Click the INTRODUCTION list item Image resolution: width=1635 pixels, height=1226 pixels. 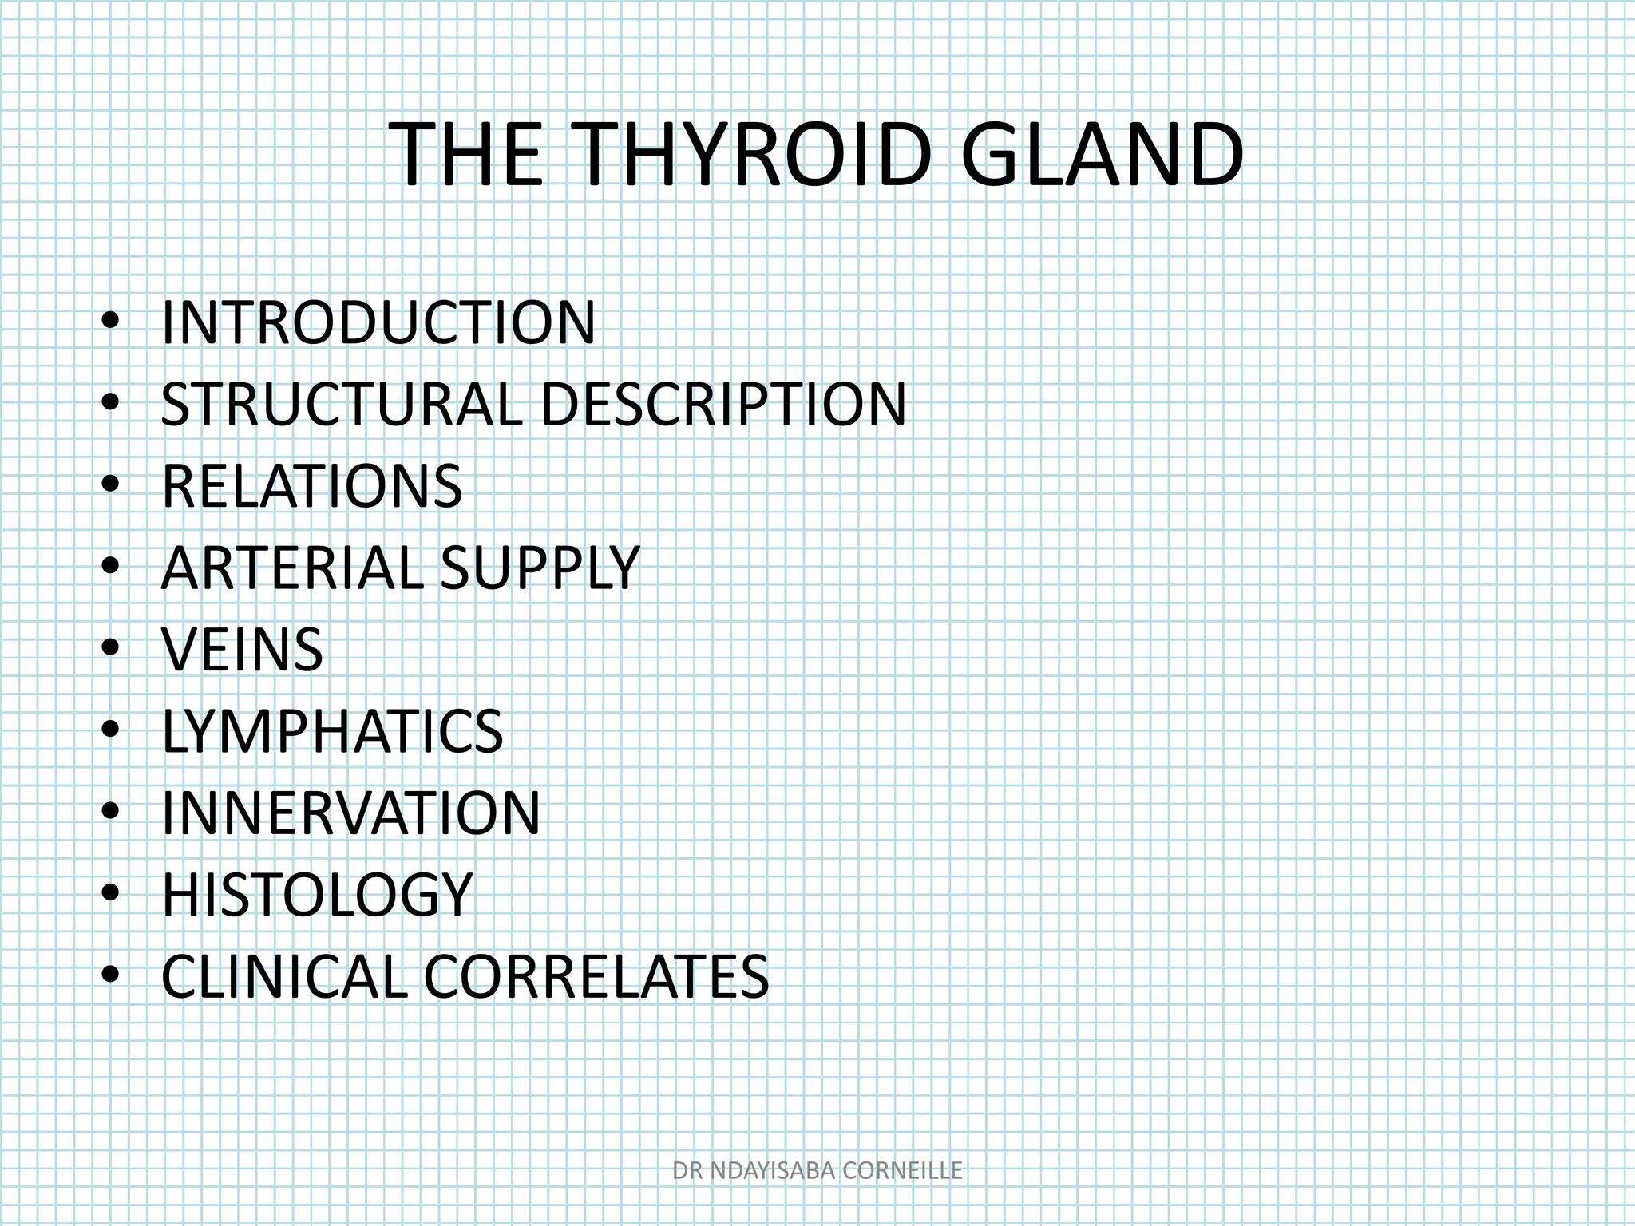378,323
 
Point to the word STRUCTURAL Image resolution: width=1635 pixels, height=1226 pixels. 342,405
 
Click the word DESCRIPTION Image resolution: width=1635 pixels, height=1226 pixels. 723,405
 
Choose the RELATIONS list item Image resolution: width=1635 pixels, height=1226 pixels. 312,487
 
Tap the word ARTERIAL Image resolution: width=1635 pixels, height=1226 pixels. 292,568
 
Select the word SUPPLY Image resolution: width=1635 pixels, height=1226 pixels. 540,568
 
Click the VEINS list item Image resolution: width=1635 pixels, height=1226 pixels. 243,650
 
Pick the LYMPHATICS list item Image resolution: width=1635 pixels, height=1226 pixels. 332,731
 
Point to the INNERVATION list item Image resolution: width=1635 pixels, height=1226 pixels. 351,813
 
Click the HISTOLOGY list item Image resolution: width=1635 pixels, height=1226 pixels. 318,895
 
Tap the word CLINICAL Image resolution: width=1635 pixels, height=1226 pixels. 284,976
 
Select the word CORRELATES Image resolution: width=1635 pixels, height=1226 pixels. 596,976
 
